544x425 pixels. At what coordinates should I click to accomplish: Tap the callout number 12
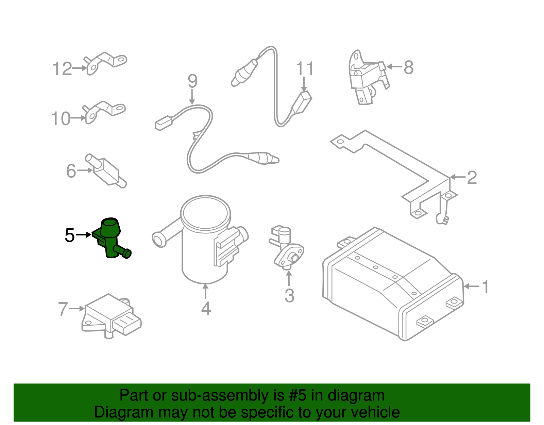tap(62, 69)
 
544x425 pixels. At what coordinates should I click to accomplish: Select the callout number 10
tap(61, 118)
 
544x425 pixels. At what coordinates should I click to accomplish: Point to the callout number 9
tap(192, 81)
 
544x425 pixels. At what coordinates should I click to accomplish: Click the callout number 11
tap(305, 68)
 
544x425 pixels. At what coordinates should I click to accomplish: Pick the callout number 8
tap(409, 67)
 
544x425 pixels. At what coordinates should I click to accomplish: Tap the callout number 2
tap(472, 178)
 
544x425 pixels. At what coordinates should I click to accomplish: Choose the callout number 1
tap(486, 287)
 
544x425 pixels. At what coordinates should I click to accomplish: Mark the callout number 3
tap(289, 295)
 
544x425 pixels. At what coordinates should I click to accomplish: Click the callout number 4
tap(206, 309)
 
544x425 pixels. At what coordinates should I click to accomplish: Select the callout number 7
tap(63, 309)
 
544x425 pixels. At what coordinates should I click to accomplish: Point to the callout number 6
tap(71, 171)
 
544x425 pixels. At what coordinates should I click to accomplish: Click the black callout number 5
tap(70, 235)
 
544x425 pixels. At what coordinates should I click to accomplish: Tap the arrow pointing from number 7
tap(77, 309)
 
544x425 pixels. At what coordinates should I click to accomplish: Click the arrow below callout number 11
tap(304, 84)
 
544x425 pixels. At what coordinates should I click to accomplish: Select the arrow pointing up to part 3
tap(289, 278)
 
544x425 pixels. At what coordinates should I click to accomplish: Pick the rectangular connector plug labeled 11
tap(301, 103)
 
